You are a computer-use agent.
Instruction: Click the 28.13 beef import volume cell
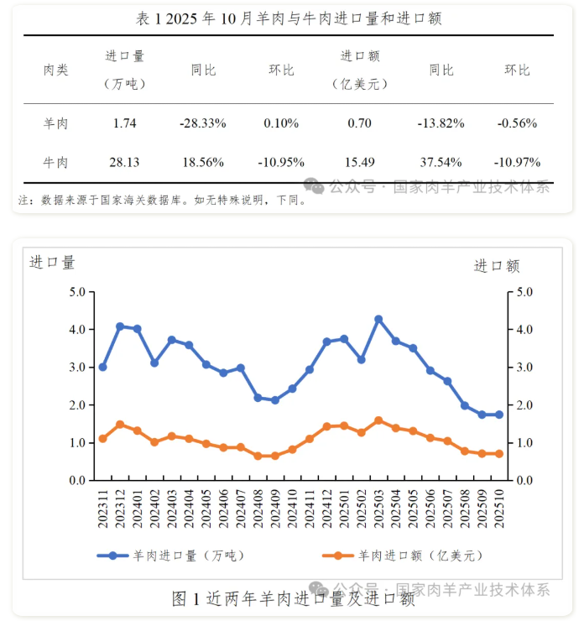[123, 162]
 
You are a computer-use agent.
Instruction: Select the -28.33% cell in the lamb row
[202, 123]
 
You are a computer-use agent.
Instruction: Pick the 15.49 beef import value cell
[359, 162]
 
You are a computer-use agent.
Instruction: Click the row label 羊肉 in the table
[55, 123]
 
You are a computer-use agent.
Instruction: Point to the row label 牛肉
[55, 162]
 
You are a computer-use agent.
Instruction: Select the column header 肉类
[55, 70]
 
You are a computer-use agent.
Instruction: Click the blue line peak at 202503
[378, 320]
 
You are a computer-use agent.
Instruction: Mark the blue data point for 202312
[120, 326]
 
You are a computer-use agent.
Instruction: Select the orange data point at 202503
[378, 420]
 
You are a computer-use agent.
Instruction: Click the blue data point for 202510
[499, 415]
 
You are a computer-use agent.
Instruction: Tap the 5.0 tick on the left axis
[77, 292]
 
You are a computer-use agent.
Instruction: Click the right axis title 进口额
[497, 266]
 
